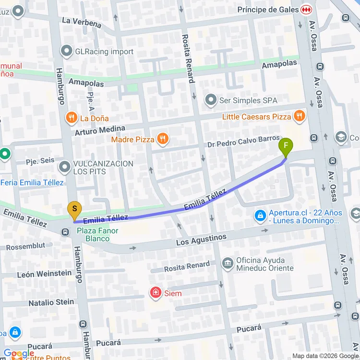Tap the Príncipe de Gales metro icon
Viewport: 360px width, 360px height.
pyautogui.click(x=306, y=10)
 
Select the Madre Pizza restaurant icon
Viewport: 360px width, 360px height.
pyautogui.click(x=163, y=139)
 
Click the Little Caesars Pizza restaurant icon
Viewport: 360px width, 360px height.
pyautogui.click(x=300, y=116)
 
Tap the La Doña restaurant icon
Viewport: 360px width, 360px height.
pyautogui.click(x=72, y=118)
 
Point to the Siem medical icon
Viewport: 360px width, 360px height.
pyautogui.click(x=156, y=292)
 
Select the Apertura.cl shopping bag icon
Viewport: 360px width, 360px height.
pyautogui.click(x=260, y=216)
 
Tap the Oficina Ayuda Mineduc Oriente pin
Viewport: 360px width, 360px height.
pyautogui.click(x=228, y=264)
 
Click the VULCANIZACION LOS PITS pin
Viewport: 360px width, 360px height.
pyautogui.click(x=64, y=167)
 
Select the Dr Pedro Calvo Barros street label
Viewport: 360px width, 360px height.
pyautogui.click(x=243, y=142)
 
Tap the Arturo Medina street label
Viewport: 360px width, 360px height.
pyautogui.click(x=100, y=130)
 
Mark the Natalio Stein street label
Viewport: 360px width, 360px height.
pyautogui.click(x=51, y=302)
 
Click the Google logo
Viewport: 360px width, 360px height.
pyautogui.click(x=19, y=353)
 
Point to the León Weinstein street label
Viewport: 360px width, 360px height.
pyautogui.click(x=44, y=273)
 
